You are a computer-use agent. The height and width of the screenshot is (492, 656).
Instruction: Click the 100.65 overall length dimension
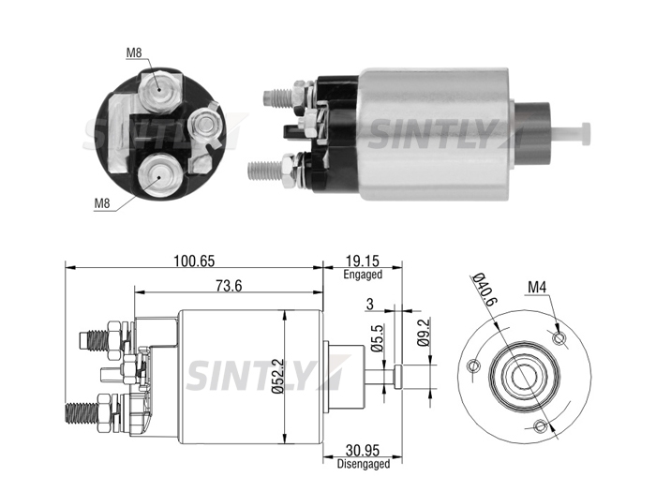point(194,261)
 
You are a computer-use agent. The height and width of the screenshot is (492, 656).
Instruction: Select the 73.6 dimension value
point(229,286)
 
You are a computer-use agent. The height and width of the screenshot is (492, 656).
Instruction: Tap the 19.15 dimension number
point(363,261)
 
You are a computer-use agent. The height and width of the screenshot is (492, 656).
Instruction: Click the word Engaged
point(363,275)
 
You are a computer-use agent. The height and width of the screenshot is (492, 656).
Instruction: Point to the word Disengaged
point(364,464)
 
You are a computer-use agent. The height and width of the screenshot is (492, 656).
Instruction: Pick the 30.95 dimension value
point(363,451)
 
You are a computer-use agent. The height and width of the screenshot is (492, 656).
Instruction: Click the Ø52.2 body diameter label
point(277,376)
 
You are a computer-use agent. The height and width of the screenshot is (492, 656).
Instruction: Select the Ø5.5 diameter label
point(377,338)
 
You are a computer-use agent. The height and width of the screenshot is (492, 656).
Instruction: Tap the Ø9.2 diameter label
point(424,333)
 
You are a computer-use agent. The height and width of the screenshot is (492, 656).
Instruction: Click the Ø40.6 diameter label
point(485,289)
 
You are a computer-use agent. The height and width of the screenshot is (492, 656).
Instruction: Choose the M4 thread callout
point(537,287)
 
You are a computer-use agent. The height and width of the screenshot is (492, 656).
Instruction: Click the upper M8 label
point(134,52)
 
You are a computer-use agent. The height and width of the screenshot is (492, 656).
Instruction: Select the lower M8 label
point(102,203)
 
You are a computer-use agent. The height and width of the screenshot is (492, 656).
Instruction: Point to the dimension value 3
point(369,305)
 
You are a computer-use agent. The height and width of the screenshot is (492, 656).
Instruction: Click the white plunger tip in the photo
point(571,133)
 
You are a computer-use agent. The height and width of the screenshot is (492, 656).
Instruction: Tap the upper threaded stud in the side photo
point(278,98)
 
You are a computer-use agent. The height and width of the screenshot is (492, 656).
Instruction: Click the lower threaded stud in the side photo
point(265,171)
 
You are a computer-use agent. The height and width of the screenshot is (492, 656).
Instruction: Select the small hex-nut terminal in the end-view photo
point(204,125)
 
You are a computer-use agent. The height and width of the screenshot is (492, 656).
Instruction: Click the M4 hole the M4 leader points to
point(559,337)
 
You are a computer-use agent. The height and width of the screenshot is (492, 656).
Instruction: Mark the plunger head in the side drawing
point(398,376)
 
